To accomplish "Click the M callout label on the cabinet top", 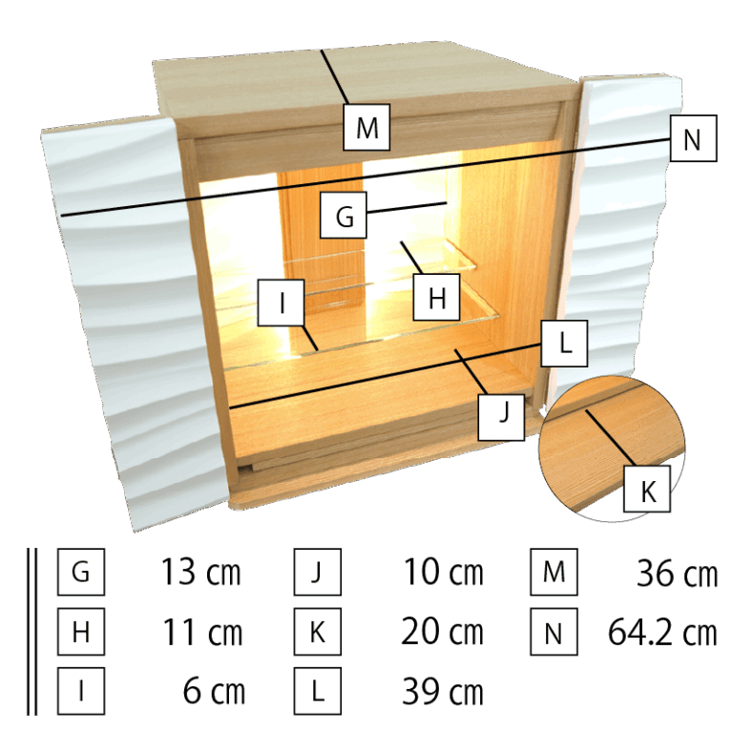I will click(x=367, y=127).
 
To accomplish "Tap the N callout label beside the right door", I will click(x=693, y=141).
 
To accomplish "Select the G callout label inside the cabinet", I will click(x=345, y=218).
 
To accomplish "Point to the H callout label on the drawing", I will click(x=436, y=299).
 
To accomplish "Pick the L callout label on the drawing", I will click(x=565, y=345).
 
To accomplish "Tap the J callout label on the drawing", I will click(x=503, y=415).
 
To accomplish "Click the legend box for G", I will click(x=81, y=573).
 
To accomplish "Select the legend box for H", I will click(x=81, y=632).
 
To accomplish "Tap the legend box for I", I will click(x=81, y=691).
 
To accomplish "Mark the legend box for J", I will click(x=319, y=573).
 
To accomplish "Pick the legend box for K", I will click(x=319, y=632).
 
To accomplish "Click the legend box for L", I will click(x=319, y=691).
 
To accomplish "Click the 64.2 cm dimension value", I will click(x=661, y=632).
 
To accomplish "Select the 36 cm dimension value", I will click(x=676, y=574).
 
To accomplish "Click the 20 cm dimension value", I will click(x=442, y=633).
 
